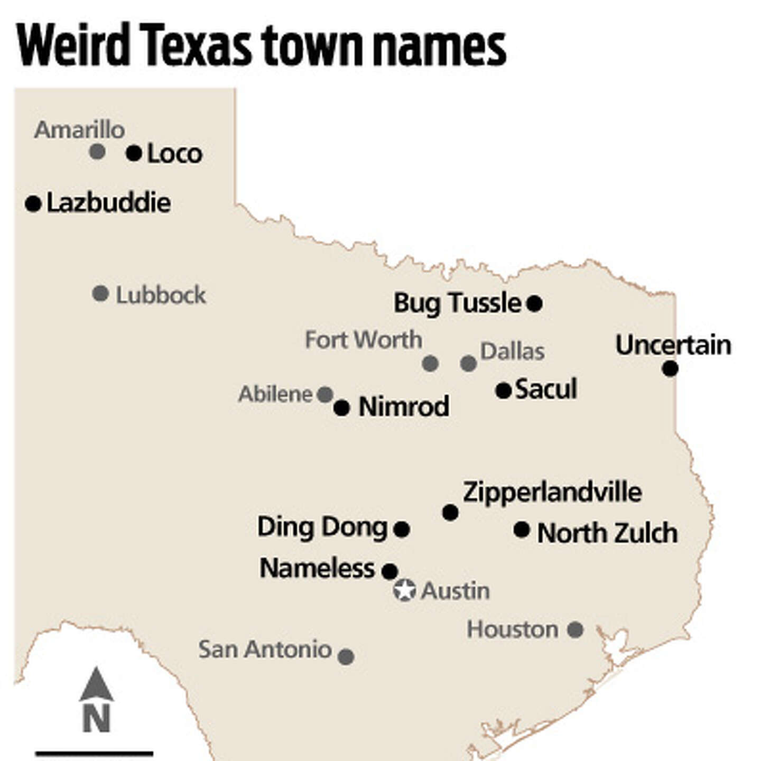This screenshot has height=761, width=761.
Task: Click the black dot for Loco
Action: tap(134, 153)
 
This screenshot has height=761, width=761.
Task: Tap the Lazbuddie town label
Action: tap(108, 203)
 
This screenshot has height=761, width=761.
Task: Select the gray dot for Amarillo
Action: tap(97, 152)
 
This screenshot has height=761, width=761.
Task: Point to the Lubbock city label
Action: tap(161, 295)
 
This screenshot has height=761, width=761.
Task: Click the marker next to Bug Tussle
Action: tap(534, 303)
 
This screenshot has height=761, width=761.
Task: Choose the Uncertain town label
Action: tap(673, 345)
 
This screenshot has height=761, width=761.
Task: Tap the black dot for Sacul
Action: tap(504, 391)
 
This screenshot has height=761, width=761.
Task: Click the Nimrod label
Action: tap(404, 406)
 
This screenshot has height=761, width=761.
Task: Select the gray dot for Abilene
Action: tap(325, 394)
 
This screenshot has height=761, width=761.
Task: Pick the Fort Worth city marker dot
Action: tap(430, 363)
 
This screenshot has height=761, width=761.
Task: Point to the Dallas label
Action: tap(513, 351)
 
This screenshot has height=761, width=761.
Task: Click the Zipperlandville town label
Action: tap(552, 492)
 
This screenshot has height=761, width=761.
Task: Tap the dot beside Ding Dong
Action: tap(401, 529)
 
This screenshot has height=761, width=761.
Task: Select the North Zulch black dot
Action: tap(522, 529)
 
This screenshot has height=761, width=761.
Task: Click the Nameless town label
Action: tap(317, 568)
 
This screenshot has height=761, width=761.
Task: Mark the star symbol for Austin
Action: tap(405, 590)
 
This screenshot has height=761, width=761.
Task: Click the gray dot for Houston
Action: tap(575, 629)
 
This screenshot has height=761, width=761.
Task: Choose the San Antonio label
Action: tap(265, 649)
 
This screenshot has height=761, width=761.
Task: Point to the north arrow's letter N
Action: tap(96, 719)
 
